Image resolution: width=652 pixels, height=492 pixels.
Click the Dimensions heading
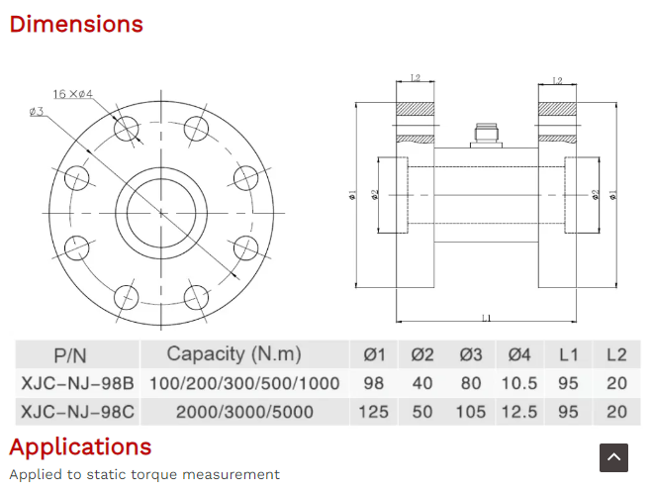[76, 24]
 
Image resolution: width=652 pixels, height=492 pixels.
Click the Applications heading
[80, 447]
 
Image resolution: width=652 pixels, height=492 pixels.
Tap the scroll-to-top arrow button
[613, 457]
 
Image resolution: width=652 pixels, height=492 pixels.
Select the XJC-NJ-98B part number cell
[78, 383]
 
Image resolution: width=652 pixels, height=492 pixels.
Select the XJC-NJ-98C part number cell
[78, 412]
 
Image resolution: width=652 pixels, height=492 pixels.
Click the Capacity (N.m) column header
[234, 354]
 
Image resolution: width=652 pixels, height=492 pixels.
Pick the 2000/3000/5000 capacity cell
[244, 412]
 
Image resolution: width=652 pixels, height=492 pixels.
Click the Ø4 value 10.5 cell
[519, 383]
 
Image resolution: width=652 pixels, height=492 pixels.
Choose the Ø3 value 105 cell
[471, 412]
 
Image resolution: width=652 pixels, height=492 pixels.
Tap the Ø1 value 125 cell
[373, 412]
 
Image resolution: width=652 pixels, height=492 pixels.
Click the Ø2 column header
[422, 354]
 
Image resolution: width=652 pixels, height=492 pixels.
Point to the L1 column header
[568, 354]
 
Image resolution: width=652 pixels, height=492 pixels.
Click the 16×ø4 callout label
[73, 94]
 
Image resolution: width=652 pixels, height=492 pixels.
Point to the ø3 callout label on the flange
[37, 112]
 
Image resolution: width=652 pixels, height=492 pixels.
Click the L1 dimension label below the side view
[486, 318]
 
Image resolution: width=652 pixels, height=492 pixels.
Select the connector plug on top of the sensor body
[486, 136]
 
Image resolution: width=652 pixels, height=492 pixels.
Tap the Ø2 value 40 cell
[422, 383]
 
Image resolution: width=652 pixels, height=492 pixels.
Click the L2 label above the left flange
[416, 78]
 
